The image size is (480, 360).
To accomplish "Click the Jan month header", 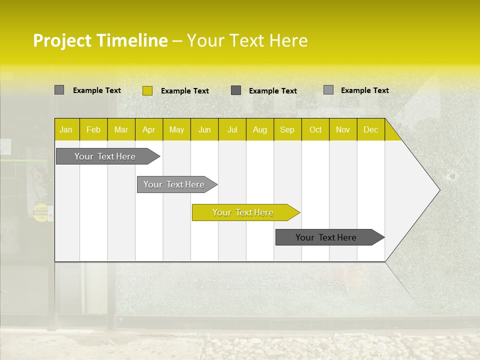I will coord(66,129).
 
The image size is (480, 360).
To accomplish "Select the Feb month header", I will coord(93,129).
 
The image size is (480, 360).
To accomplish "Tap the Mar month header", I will coord(121,129).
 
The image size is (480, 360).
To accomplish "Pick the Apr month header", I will coord(149,129).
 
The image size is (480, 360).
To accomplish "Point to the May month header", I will coord(176,129).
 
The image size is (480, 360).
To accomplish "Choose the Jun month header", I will coord(204,129).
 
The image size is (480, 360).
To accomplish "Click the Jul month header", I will coord(232,129).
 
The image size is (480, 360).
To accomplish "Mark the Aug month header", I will coord(260,129).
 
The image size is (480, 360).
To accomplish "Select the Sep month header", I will coord(287,129).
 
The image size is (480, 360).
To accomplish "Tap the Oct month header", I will coord(315,129).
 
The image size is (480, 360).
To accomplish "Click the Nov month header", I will coord(343,129).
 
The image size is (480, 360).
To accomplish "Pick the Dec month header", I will coord(371,129).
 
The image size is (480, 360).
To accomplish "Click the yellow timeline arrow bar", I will coord(243,212).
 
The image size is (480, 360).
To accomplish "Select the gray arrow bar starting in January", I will coord(105,156).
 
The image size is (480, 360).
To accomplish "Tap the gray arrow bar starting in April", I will coord(174,184).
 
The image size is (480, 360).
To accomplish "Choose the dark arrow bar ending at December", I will coord(326,237).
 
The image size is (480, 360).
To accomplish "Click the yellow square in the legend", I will coord(147,90).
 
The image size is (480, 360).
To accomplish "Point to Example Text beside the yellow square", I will coord(185,91).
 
